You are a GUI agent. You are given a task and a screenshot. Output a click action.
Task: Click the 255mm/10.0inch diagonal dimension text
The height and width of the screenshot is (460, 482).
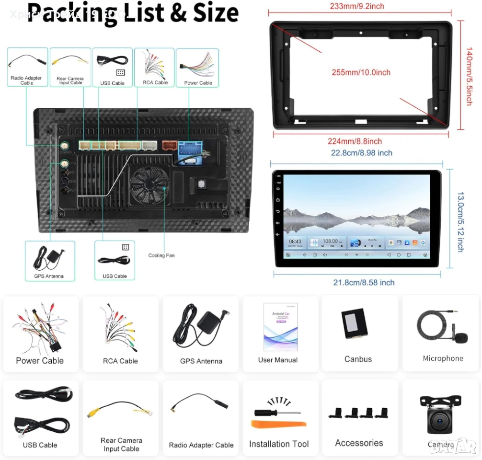(361, 72)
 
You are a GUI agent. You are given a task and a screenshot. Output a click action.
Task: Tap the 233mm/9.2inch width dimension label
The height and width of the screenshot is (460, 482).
(357, 6)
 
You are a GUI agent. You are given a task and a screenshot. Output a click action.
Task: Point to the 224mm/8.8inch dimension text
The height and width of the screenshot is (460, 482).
(355, 141)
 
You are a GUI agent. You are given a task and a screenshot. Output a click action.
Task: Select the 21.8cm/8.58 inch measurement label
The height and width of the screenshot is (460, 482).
(364, 282)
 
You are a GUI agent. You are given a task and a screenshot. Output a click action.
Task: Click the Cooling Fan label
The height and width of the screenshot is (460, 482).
(161, 255)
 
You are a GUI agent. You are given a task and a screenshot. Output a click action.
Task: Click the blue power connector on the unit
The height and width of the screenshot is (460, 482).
(191, 152)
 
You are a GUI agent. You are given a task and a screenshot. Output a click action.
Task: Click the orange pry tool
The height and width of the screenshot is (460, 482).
(278, 424)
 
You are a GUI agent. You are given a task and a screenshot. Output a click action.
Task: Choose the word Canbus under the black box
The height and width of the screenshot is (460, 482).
(358, 359)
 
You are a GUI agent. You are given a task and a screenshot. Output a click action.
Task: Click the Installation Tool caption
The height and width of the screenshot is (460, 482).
(279, 444)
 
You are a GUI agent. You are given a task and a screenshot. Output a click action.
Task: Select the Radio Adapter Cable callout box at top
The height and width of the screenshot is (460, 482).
(27, 67)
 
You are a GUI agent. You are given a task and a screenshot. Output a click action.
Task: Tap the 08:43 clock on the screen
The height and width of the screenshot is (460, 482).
(295, 241)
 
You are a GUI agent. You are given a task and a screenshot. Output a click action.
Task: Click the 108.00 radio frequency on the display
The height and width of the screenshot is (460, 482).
(330, 241)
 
